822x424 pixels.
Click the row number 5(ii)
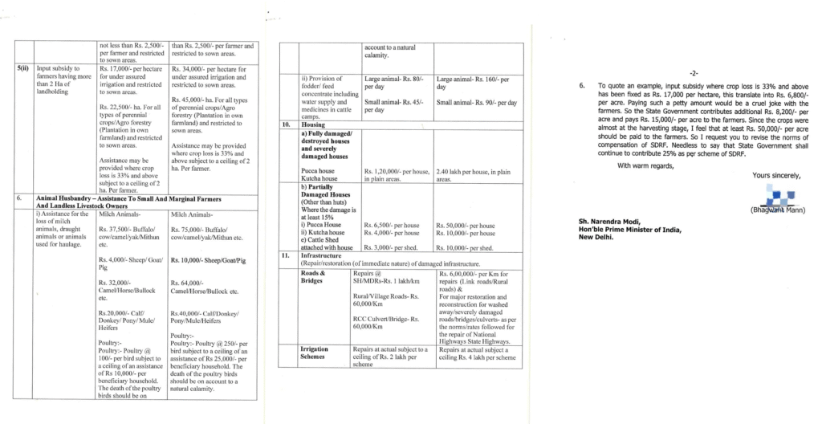(x=23, y=70)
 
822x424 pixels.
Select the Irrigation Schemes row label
(x=314, y=354)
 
